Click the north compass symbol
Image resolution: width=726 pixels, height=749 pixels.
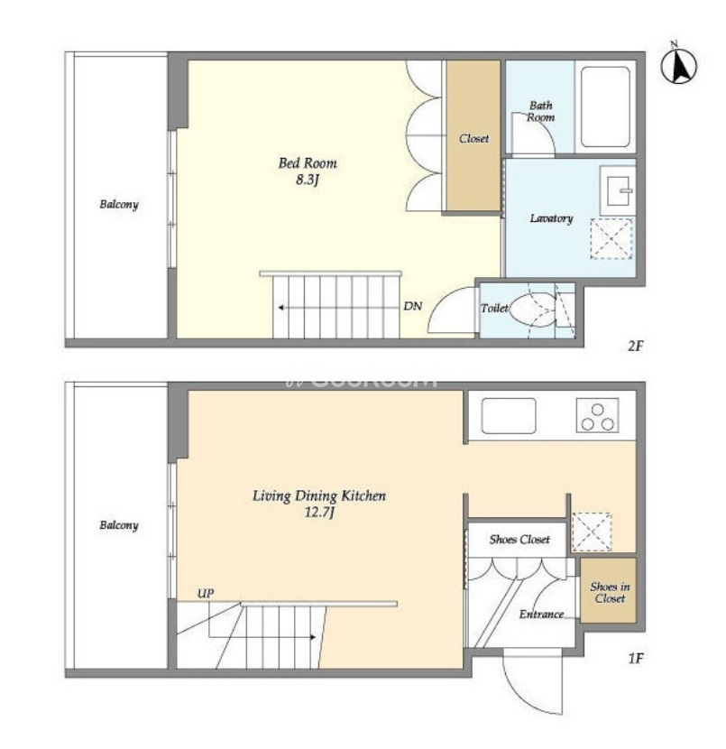[x=678, y=65]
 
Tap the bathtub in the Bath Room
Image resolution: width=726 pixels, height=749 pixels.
[x=605, y=106]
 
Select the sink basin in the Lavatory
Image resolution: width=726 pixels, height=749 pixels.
[x=618, y=190]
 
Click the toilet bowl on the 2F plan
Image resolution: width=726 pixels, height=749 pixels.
[x=533, y=310]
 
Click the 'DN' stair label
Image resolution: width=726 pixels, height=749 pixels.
[x=413, y=306]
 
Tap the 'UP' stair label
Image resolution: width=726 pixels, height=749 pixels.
[x=206, y=593]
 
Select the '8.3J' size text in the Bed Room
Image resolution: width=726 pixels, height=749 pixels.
[x=308, y=180]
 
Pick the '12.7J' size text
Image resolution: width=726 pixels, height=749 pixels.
[x=319, y=513]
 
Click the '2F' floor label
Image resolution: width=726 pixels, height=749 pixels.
[x=635, y=346]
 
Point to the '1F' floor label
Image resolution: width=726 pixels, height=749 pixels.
[x=635, y=659]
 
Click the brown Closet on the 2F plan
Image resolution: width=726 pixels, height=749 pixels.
[x=473, y=135]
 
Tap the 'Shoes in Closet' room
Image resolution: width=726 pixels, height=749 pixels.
[x=609, y=590]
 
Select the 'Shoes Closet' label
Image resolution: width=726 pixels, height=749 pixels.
[x=519, y=540]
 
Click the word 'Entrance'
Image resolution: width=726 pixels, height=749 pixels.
[x=541, y=614]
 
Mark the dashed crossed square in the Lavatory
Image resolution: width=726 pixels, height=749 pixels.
[x=611, y=239]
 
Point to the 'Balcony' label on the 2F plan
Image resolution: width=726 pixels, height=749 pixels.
[x=119, y=205]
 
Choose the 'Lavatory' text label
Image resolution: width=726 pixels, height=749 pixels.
[x=551, y=218]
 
